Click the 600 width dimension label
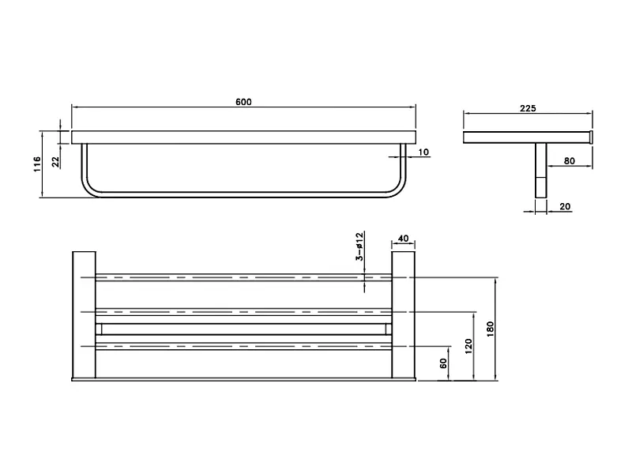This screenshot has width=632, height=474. [243, 102]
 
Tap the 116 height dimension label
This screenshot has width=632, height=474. [37, 164]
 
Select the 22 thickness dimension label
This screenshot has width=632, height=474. [55, 162]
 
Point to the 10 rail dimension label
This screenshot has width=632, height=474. [423, 152]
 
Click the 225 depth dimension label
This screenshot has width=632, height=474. [528, 108]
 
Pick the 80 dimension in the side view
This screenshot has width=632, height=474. [569, 161]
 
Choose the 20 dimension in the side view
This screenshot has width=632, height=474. [565, 206]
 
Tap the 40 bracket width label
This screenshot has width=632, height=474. [403, 239]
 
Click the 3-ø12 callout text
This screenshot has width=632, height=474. [359, 246]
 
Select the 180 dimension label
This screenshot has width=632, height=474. [490, 329]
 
